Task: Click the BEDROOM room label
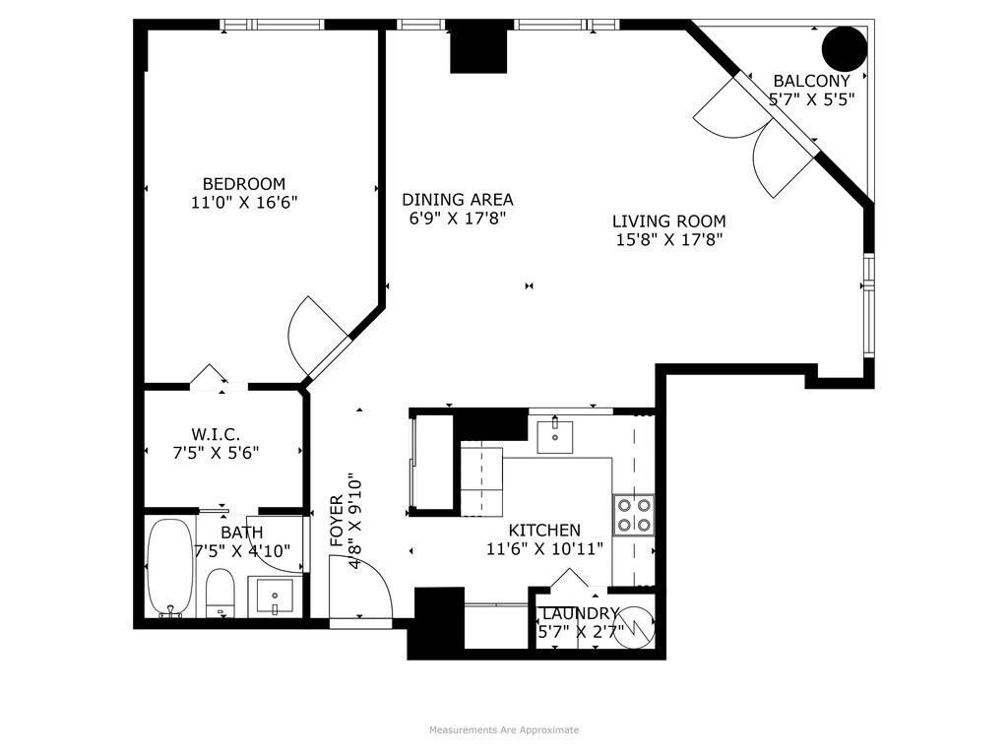pos(243,183)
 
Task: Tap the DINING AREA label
pos(458,199)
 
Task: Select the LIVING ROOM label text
pos(668,221)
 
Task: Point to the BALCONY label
pos(811,81)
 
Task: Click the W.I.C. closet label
pos(216,433)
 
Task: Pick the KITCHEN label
pos(544,530)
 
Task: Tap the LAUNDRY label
pos(581,613)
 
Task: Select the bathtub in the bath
pos(170,567)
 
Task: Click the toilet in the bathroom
pos(220,592)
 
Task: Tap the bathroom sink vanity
pos(274,596)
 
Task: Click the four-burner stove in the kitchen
pos(633,514)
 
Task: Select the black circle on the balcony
pos(845,48)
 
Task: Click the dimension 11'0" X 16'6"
pos(244,203)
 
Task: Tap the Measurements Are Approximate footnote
pos(504,729)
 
